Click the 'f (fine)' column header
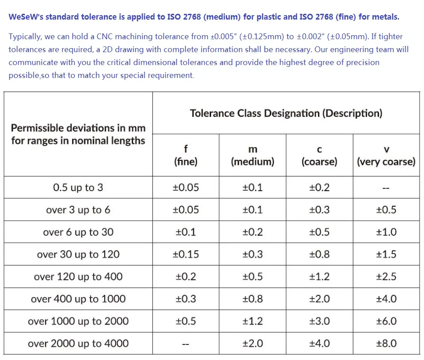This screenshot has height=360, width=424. coord(186,155)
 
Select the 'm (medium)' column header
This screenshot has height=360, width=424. coord(253,155)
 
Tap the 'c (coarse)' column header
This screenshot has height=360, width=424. coord(319,155)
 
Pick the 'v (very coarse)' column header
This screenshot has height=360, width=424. coord(386,155)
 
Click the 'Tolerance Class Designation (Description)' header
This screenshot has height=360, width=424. coord(286,113)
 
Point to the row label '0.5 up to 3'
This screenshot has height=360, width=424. coord(78,188)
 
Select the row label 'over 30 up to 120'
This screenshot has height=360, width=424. coord(78,254)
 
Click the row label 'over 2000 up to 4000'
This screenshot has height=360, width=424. coord(78,344)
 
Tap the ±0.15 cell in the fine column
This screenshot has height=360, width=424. coord(186,254)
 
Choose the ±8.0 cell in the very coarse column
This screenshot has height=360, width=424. coord(386,344)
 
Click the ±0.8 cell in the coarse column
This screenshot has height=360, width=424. coord(319,254)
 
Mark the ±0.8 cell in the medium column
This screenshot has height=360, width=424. coord(253,299)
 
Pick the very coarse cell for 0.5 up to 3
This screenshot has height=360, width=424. coord(386,188)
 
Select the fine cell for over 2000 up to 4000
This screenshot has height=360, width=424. coord(186,344)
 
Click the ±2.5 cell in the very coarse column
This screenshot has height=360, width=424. coord(386,277)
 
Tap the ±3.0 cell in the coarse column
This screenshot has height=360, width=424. coord(319,321)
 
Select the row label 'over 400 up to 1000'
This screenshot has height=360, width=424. coord(78,299)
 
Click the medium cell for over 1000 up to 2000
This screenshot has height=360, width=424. coord(253,321)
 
